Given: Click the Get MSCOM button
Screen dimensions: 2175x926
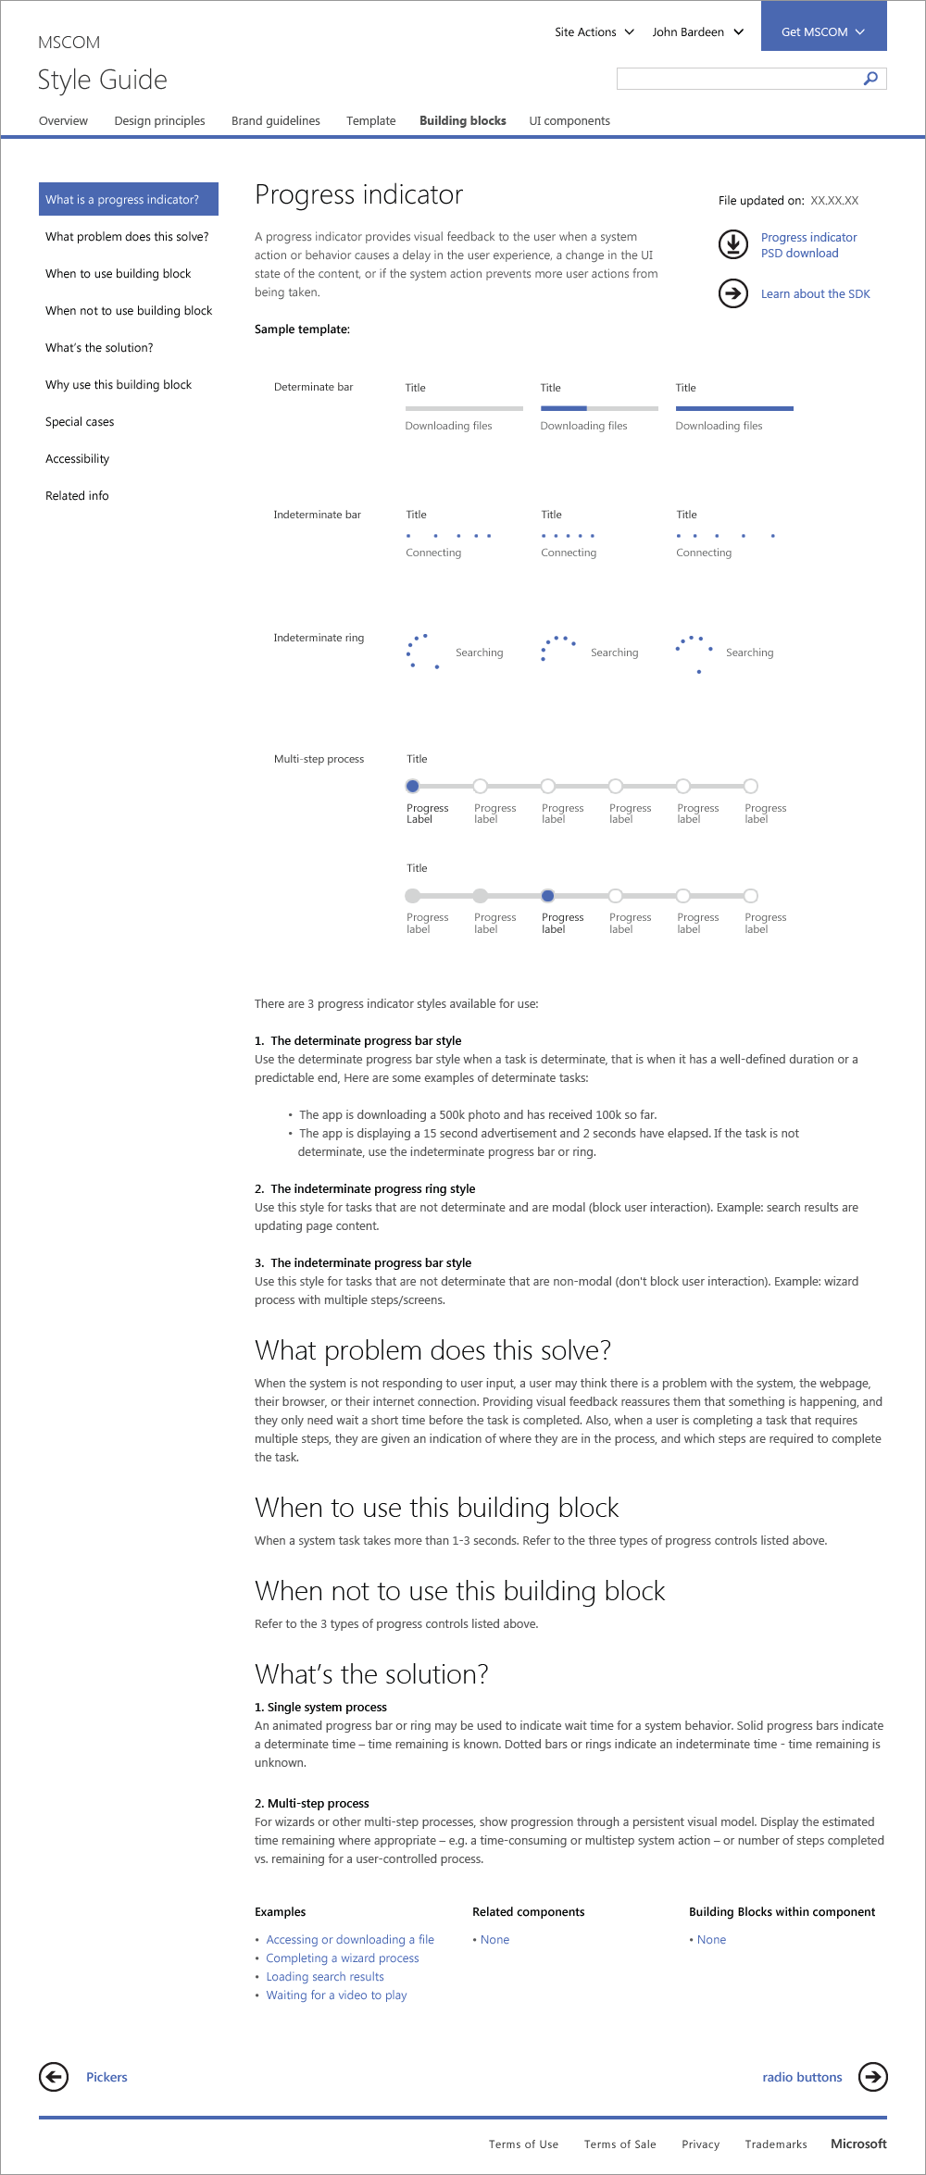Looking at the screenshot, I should tap(823, 31).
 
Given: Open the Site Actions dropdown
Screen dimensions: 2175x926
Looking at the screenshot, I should tap(594, 31).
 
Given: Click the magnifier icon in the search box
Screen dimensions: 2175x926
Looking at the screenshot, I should tap(870, 79).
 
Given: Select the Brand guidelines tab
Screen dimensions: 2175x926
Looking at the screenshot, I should tap(275, 120).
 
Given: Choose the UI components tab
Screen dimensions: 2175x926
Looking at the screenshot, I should tap(569, 120).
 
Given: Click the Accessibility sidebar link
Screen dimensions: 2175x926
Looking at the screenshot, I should tap(77, 459).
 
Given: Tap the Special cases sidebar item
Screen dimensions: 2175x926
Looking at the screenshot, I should tap(80, 422).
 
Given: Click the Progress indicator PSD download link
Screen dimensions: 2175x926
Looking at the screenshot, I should tap(808, 245).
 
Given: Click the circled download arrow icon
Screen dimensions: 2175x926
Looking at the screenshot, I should tap(733, 244).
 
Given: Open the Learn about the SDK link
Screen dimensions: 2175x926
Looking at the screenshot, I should tap(815, 294).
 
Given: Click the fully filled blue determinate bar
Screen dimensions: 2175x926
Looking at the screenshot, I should tap(734, 408).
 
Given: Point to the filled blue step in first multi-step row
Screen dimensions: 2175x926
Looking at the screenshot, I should tap(413, 786).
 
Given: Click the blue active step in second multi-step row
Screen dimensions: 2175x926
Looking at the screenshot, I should tap(548, 896).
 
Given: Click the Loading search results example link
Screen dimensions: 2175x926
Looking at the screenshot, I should tap(324, 1977).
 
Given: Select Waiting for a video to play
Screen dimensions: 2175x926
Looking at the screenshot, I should tap(336, 1995).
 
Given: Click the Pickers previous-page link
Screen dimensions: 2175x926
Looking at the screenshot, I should tap(106, 2077).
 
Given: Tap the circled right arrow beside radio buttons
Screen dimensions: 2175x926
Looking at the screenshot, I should tap(872, 2077).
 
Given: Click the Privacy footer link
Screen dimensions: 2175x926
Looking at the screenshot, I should tap(700, 2144).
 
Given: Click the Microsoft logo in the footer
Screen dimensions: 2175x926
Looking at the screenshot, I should tap(858, 2144).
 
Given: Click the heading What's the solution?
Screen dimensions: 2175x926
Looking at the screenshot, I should tap(371, 1674).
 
